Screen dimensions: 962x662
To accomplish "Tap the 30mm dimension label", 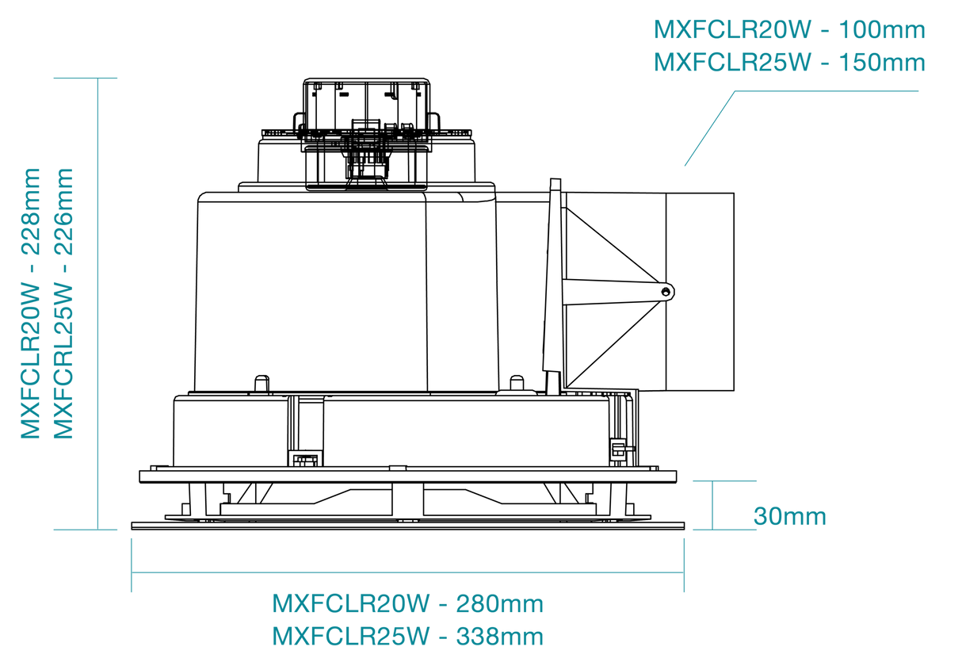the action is click(790, 516).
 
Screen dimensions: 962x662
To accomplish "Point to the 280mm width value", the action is click(499, 604).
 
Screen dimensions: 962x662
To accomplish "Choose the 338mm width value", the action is click(499, 636).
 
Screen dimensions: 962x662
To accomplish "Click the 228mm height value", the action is click(30, 212).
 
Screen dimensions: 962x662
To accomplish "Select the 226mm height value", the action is click(63, 212).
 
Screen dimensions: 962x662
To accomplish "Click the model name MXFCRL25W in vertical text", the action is click(63, 362).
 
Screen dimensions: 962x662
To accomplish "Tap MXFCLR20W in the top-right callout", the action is click(732, 30).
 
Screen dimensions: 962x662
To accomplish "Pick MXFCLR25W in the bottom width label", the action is click(351, 636).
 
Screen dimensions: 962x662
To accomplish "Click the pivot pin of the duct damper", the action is click(666, 292).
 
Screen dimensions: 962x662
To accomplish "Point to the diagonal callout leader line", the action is click(710, 128).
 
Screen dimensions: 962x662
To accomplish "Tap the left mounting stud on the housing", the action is click(261, 384).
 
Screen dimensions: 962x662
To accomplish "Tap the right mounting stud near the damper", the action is click(517, 383).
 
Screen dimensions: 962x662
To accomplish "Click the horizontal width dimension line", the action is click(407, 572).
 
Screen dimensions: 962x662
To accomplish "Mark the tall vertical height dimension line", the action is click(98, 304).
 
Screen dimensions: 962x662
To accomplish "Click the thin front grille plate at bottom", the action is click(407, 526).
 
